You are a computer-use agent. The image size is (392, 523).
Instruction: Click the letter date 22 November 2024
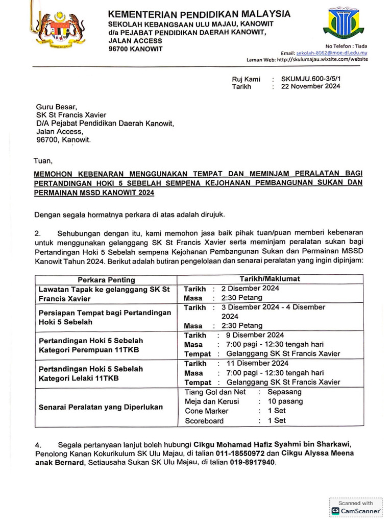point(307,87)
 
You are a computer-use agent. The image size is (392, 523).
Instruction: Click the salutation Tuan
point(43,161)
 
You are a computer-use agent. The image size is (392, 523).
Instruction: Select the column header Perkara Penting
point(106,280)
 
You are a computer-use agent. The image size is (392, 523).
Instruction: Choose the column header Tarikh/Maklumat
point(270,279)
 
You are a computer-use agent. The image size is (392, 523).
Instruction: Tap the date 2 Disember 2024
point(250,288)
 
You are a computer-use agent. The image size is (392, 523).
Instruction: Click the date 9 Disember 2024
point(253,335)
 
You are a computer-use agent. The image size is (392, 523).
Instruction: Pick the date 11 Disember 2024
point(255,363)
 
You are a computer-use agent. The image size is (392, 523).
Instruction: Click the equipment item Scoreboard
point(204,421)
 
